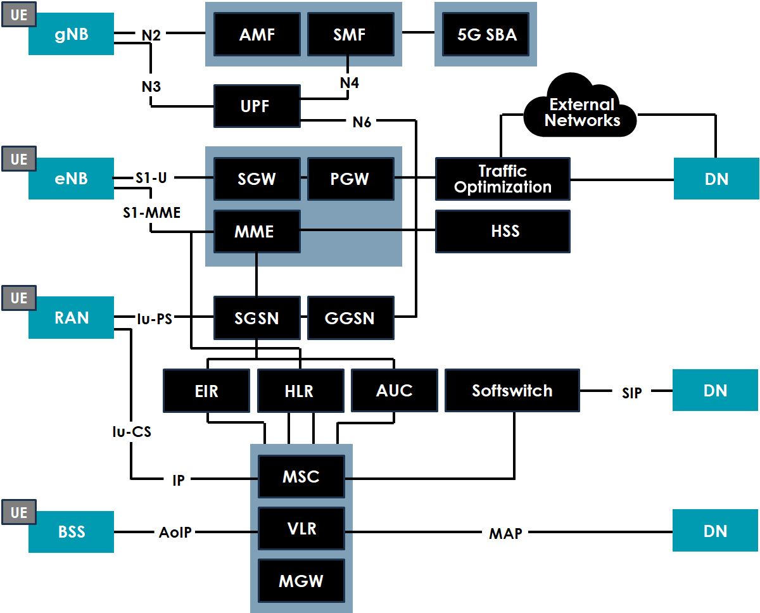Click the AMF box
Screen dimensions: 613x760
[257, 34]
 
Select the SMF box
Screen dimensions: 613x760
[350, 34]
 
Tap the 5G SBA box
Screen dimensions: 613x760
[487, 34]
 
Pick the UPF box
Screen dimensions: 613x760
[256, 106]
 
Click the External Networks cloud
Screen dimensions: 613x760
[581, 112]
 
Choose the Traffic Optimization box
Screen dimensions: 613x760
[503, 179]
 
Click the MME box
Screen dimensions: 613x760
[256, 231]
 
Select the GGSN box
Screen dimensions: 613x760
[350, 318]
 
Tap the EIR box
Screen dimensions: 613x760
[206, 391]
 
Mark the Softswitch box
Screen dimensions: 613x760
[512, 391]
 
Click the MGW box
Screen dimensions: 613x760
[301, 581]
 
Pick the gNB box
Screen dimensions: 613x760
[71, 34]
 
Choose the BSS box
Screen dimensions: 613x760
[71, 532]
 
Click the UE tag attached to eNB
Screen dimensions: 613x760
[19, 159]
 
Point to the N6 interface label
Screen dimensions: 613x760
[362, 122]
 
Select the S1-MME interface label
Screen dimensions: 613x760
[151, 213]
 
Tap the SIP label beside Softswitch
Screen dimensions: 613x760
[631, 393]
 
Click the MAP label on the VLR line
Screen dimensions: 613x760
[505, 534]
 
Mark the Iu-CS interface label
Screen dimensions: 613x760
[131, 433]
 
